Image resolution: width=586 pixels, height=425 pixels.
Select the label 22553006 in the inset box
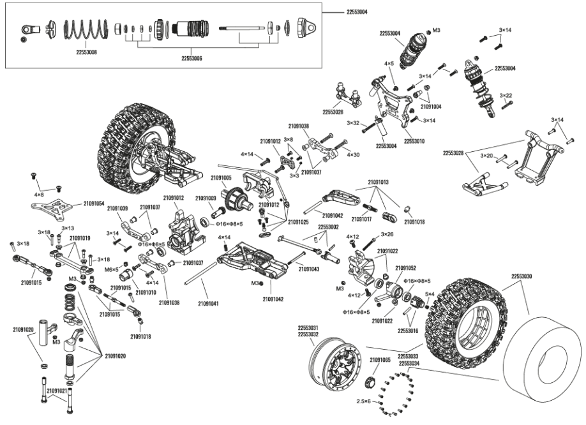point(192,59)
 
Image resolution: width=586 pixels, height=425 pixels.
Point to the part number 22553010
point(416,141)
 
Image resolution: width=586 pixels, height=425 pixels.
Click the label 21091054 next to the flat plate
point(94,203)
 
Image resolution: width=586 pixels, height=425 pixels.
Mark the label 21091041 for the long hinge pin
point(207,303)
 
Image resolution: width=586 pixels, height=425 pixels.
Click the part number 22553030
point(522,276)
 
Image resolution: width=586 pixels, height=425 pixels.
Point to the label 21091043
point(309,269)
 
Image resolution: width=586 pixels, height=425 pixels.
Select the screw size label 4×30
point(353,154)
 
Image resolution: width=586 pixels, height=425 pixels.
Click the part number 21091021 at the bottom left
point(57,390)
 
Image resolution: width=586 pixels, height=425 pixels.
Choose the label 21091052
point(405,268)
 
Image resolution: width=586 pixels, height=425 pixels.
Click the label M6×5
point(111,270)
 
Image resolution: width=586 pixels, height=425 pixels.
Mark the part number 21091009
point(206,198)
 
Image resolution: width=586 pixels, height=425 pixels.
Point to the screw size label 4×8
point(39,193)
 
